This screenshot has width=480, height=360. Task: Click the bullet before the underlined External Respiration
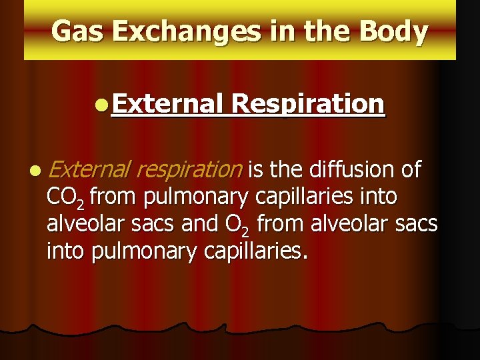100,105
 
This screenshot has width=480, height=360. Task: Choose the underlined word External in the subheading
167,104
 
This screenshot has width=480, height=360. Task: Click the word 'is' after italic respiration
255,170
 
